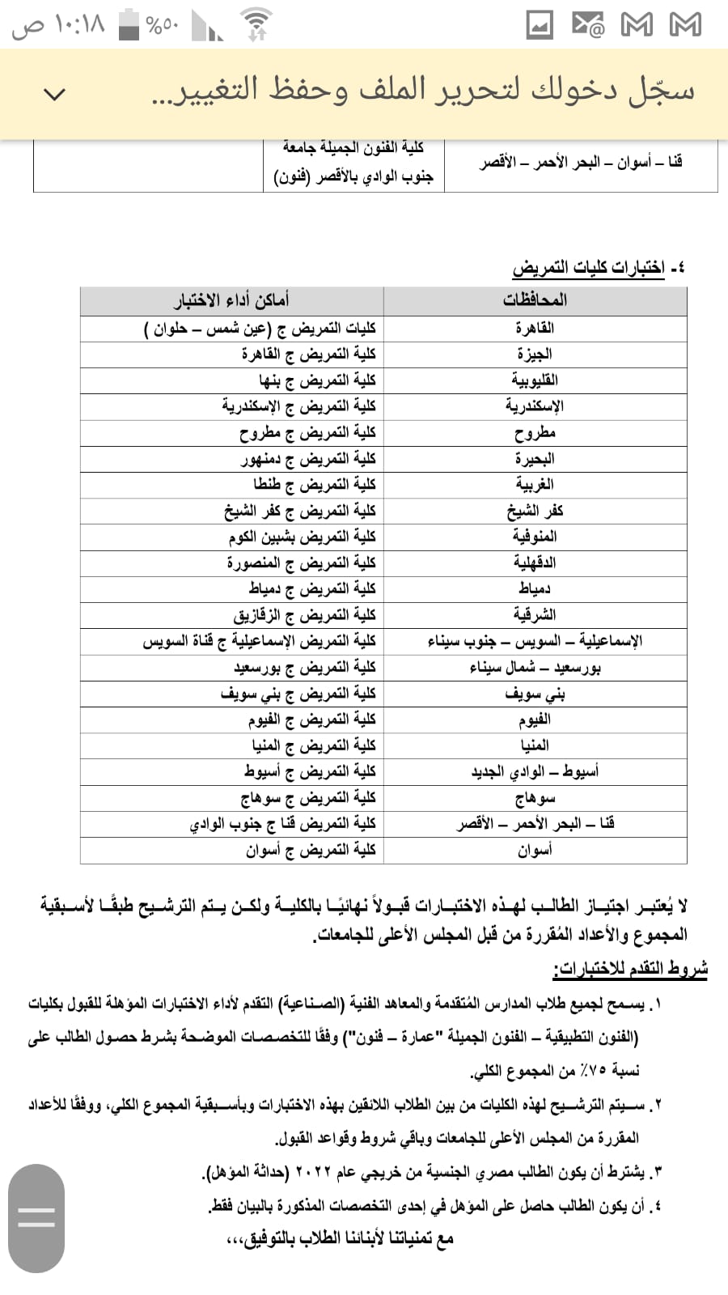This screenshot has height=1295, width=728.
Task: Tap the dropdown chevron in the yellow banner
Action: (54, 94)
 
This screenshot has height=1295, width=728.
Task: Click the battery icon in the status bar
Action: (129, 25)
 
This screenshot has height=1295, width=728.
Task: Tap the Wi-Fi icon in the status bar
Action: (256, 24)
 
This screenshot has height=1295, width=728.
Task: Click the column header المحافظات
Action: (535, 300)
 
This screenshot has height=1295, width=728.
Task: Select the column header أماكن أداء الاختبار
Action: (231, 300)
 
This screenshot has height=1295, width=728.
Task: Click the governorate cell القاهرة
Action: (535, 328)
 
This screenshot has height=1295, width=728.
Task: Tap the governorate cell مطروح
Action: (535, 432)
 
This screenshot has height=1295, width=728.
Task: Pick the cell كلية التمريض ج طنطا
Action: (315, 484)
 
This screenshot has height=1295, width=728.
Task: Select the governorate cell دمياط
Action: (535, 588)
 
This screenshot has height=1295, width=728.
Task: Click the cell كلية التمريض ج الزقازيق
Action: (305, 614)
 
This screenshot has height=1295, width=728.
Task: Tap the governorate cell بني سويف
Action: (535, 693)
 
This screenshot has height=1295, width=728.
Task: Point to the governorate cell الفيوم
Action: (535, 719)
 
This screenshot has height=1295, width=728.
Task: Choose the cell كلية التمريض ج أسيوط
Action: (310, 771)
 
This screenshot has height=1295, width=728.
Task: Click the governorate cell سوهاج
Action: (535, 797)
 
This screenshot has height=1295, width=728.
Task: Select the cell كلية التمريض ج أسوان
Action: (311, 850)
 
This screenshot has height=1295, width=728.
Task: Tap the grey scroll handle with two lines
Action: (36, 1217)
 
